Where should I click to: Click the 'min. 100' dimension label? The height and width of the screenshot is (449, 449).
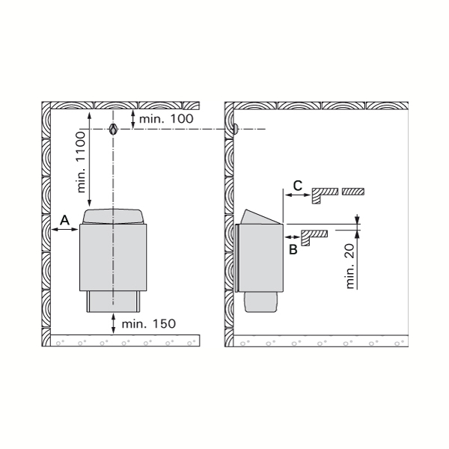[x=166, y=118]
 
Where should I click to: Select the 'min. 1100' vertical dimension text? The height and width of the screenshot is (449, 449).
[x=82, y=162]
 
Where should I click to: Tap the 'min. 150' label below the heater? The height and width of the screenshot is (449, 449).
[x=149, y=324]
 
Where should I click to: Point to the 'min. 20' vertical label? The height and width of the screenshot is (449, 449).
[x=350, y=266]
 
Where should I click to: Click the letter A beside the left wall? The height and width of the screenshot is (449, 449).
[x=65, y=220]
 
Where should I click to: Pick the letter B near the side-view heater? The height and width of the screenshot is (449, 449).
[x=293, y=249]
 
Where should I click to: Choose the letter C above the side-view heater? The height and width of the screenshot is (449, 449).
[x=298, y=186]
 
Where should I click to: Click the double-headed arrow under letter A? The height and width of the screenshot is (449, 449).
[x=65, y=229]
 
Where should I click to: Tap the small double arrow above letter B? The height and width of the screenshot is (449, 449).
[x=292, y=236]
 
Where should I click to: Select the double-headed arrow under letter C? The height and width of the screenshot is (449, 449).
[x=298, y=195]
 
